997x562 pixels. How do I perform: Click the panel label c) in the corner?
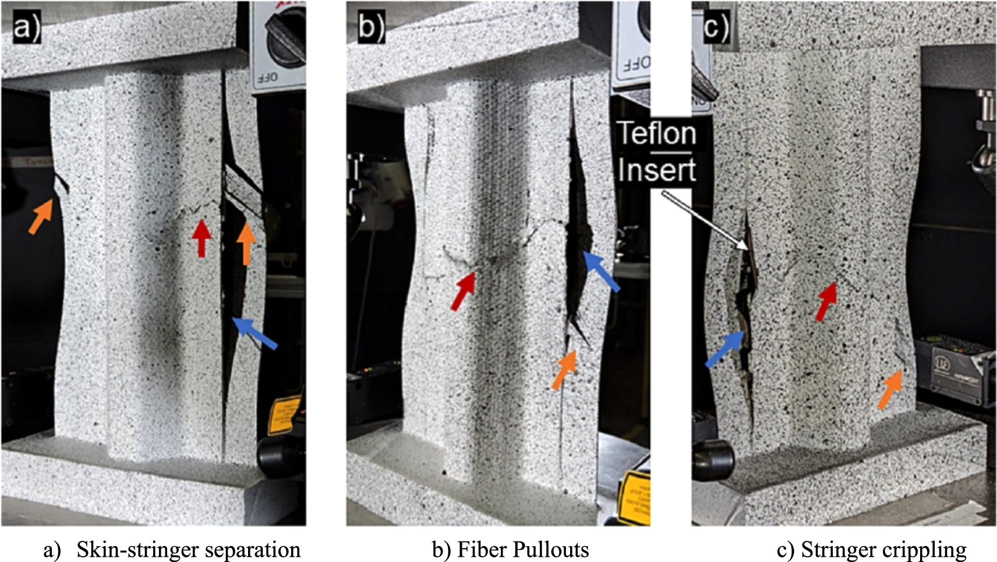pos(716,27)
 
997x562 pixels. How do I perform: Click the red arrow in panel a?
pos(201,237)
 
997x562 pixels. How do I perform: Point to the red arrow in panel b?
pos(464,291)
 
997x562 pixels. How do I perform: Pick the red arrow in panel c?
pos(826,301)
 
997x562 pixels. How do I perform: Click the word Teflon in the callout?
pos(656,133)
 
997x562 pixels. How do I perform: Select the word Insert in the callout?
pos(657,170)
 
